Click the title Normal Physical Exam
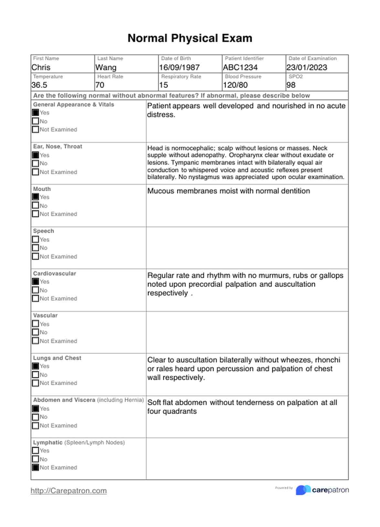click(x=190, y=38)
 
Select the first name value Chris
click(x=41, y=68)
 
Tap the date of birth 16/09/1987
click(x=179, y=68)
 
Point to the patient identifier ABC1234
click(x=240, y=68)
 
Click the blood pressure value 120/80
click(x=235, y=85)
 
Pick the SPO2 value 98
click(x=291, y=85)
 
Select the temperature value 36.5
click(x=39, y=85)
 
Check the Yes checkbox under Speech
click(x=36, y=240)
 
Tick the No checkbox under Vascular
click(x=36, y=332)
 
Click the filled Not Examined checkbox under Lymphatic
click(x=36, y=468)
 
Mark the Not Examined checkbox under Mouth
click(x=36, y=214)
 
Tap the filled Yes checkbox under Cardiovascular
click(x=36, y=282)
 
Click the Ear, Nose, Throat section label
click(x=58, y=146)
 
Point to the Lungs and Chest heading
click(x=57, y=358)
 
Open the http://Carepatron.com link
click(x=69, y=491)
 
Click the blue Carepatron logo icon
click(x=303, y=490)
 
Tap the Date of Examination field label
click(x=312, y=59)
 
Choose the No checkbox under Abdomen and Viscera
click(x=36, y=417)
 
